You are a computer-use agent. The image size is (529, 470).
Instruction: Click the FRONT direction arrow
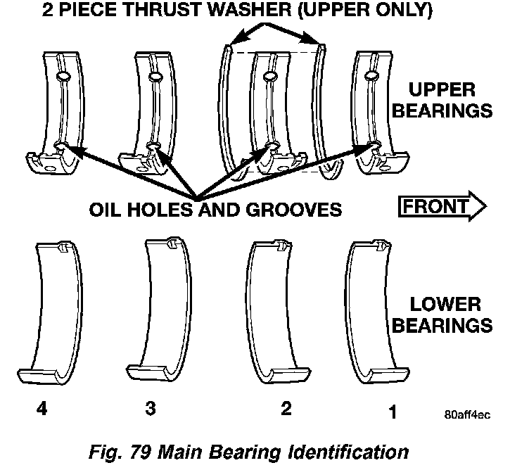(x=442, y=207)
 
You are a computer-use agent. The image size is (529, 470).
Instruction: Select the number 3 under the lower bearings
(x=150, y=409)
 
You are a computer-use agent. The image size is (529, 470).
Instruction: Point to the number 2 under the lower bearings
(x=286, y=409)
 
